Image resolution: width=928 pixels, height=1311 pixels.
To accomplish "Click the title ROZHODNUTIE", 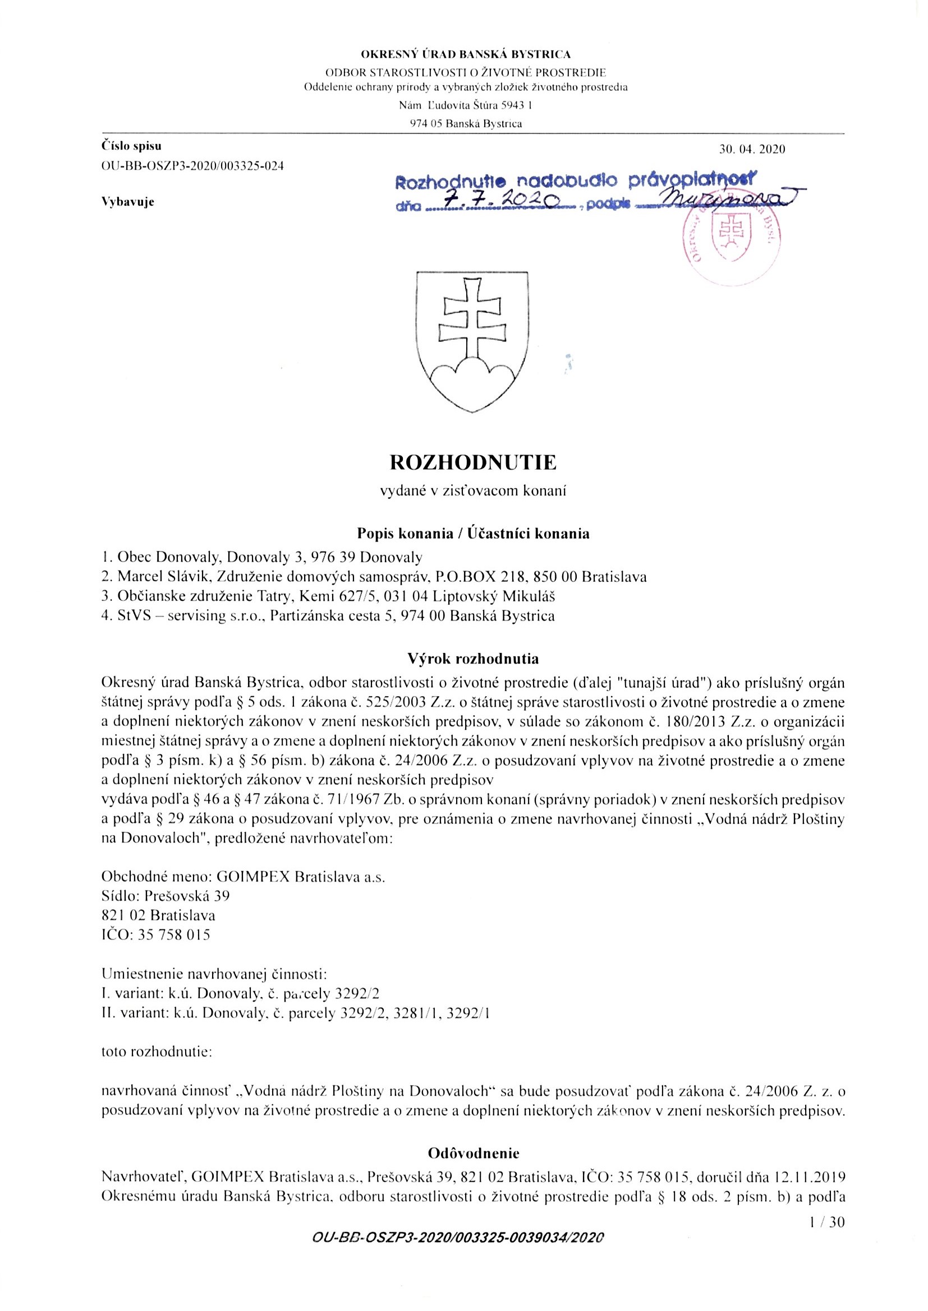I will pyautogui.click(x=472, y=462).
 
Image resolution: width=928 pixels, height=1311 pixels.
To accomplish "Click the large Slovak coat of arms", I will pyautogui.click(x=472, y=341).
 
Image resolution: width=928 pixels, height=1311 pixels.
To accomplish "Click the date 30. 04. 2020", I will pyautogui.click(x=752, y=150).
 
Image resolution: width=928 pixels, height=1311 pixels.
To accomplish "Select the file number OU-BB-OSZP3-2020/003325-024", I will pyautogui.click(x=192, y=166).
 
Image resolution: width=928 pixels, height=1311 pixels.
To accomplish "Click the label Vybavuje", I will pyautogui.click(x=128, y=202).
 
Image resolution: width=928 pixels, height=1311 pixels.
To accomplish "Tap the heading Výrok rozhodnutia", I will pyautogui.click(x=472, y=659).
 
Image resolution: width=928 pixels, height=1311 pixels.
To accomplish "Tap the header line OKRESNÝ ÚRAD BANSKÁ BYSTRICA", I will pyautogui.click(x=465, y=55).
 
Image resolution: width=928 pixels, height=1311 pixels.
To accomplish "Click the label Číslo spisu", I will pyautogui.click(x=131, y=146).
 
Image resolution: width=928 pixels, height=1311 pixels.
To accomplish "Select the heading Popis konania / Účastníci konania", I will pyautogui.click(x=472, y=534).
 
